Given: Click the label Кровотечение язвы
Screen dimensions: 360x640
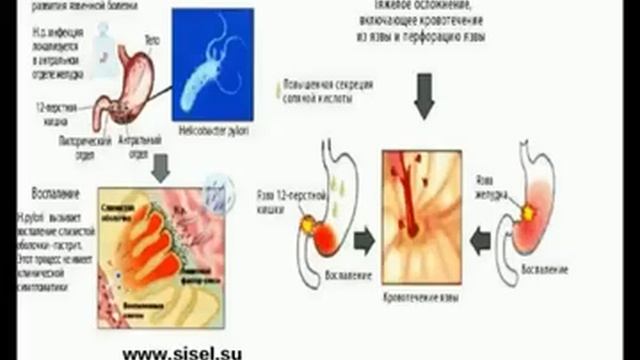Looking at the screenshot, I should click(x=424, y=298).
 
